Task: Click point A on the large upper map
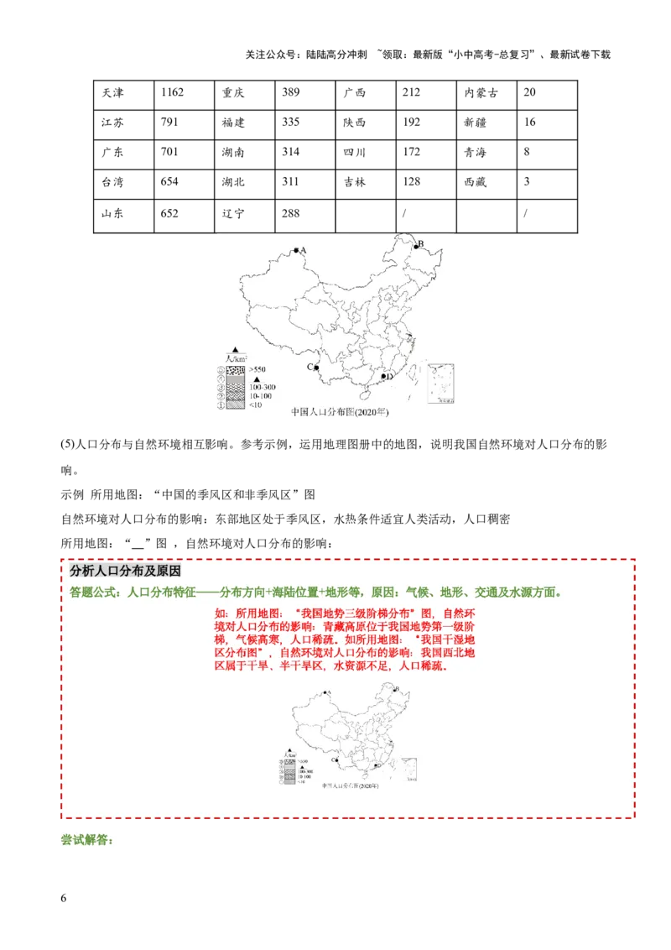coord(295,249)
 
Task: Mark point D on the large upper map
coord(383,377)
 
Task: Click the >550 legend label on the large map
coord(257,369)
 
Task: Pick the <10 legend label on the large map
coord(256,405)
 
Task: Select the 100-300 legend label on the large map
coord(263,387)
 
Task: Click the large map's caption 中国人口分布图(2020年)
coord(340,413)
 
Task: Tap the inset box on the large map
coord(441,384)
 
